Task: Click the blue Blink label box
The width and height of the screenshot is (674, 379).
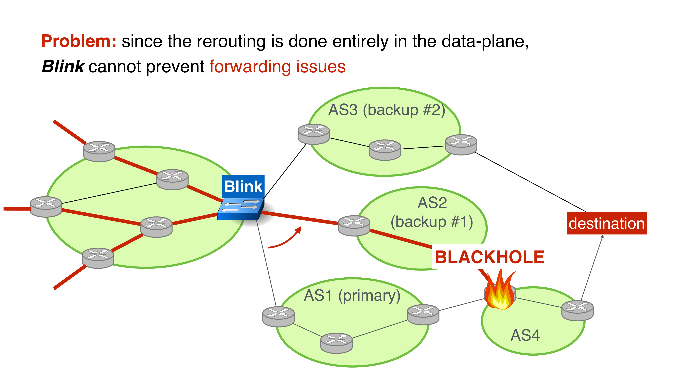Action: click(x=243, y=186)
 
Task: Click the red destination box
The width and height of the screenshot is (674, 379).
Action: click(x=606, y=223)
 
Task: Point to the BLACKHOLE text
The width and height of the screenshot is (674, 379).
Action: click(x=489, y=257)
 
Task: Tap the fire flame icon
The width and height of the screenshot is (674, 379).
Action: click(x=500, y=292)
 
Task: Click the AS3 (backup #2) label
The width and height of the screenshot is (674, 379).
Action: click(x=387, y=110)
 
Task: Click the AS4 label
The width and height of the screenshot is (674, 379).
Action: click(x=525, y=335)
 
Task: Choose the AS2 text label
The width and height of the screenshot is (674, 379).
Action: click(x=432, y=203)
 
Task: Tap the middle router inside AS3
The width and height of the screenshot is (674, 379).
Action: click(x=385, y=150)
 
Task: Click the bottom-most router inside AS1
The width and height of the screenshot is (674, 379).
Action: click(x=336, y=343)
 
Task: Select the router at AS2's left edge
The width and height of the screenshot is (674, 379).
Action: click(x=354, y=226)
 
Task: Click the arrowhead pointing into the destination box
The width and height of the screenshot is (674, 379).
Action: click(x=602, y=236)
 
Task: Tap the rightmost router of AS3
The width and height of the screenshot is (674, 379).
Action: click(x=461, y=145)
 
